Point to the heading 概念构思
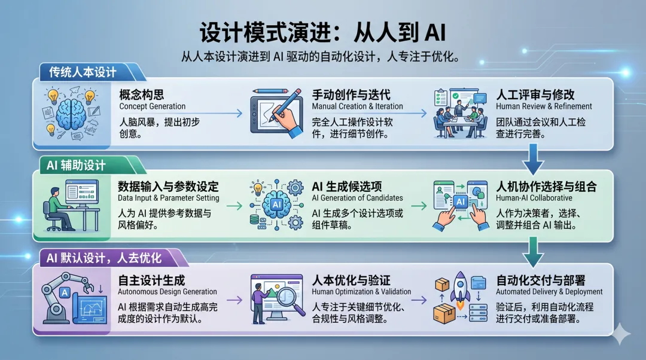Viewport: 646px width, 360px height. pos(142,94)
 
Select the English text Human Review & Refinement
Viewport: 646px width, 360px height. pos(544,106)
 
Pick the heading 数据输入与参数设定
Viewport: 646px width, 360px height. pos(169,187)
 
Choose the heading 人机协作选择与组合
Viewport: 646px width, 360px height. pos(546,187)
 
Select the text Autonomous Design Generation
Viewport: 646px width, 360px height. pos(168,292)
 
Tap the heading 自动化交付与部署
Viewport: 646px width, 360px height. pos(541,280)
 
